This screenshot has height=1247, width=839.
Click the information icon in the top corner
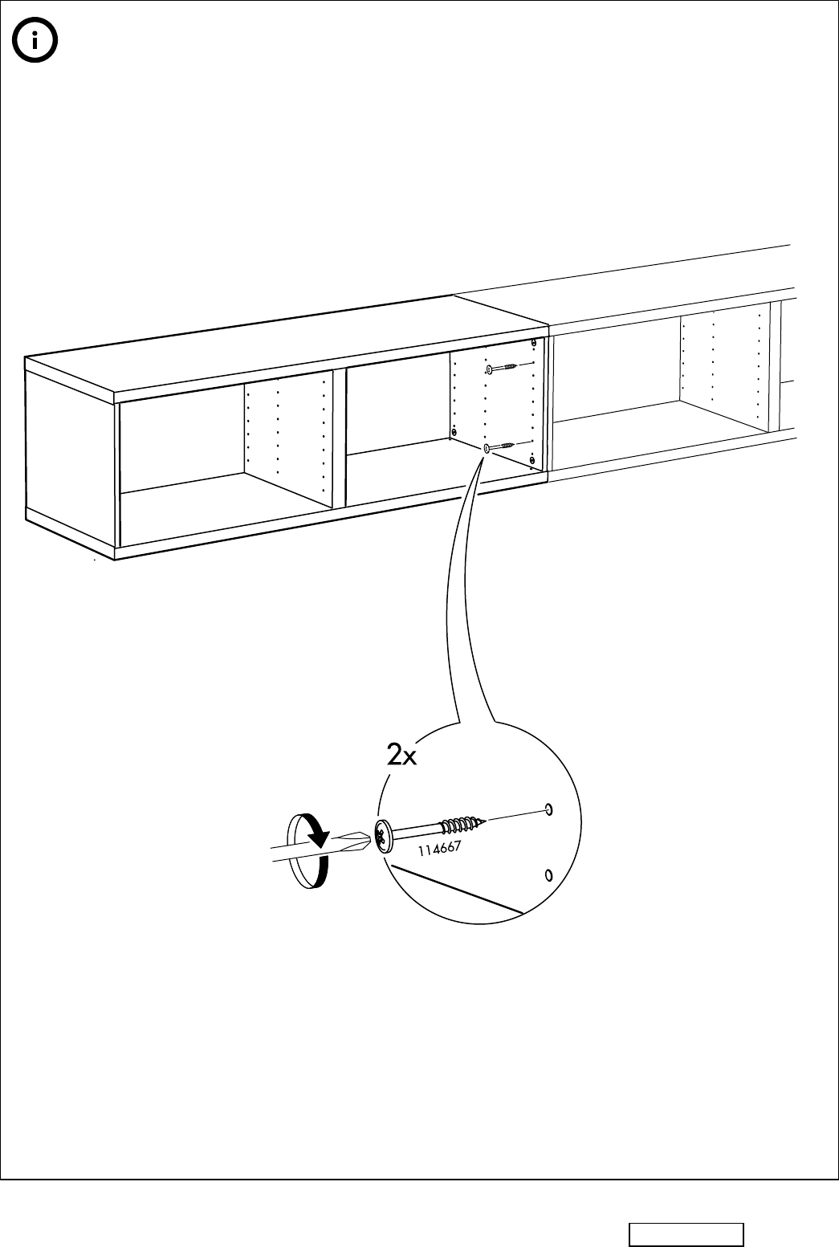(x=33, y=43)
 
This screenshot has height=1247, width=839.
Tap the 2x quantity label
(x=401, y=756)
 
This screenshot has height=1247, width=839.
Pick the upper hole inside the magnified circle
(x=548, y=808)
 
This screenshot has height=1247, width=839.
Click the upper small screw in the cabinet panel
(x=502, y=369)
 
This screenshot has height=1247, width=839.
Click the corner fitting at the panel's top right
(x=533, y=344)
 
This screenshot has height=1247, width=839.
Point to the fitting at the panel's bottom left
(x=454, y=433)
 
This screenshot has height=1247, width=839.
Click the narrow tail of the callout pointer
(x=474, y=514)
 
